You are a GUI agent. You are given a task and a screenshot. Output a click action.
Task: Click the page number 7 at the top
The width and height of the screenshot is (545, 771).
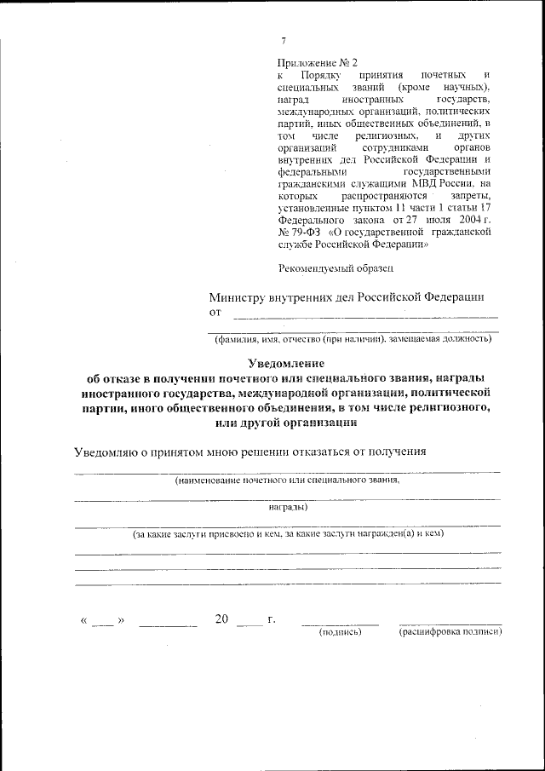coord(284,41)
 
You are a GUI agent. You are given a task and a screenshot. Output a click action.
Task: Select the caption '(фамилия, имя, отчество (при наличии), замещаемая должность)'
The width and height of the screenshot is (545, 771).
coord(353,339)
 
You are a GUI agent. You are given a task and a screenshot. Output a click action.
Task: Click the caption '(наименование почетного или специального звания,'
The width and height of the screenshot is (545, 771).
coord(287,481)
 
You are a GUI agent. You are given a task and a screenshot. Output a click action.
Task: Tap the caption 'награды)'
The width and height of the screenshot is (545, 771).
coord(288,508)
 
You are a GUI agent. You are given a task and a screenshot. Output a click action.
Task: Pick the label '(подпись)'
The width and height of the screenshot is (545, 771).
coord(340,632)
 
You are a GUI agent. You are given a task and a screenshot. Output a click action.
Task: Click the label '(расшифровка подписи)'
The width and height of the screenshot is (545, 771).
coord(450,632)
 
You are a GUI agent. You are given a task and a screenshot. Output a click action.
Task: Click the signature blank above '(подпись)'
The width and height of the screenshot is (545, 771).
coord(340,622)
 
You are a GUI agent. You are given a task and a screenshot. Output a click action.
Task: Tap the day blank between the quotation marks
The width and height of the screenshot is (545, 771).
coord(102,622)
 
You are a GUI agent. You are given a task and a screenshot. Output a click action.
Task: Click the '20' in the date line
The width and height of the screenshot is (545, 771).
coord(221,619)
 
